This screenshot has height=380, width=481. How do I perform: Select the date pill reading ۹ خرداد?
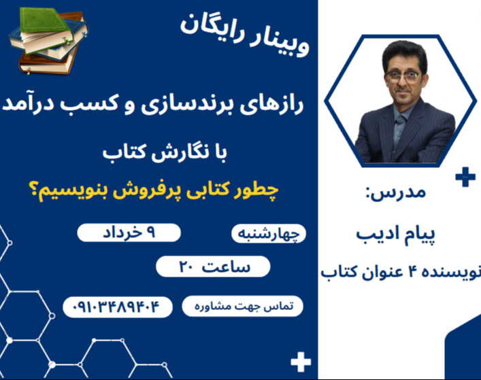pyautogui.click(x=129, y=232)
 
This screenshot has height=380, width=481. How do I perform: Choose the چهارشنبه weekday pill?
pyautogui.click(x=269, y=234)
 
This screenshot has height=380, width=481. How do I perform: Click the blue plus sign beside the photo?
pyautogui.click(x=465, y=179)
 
